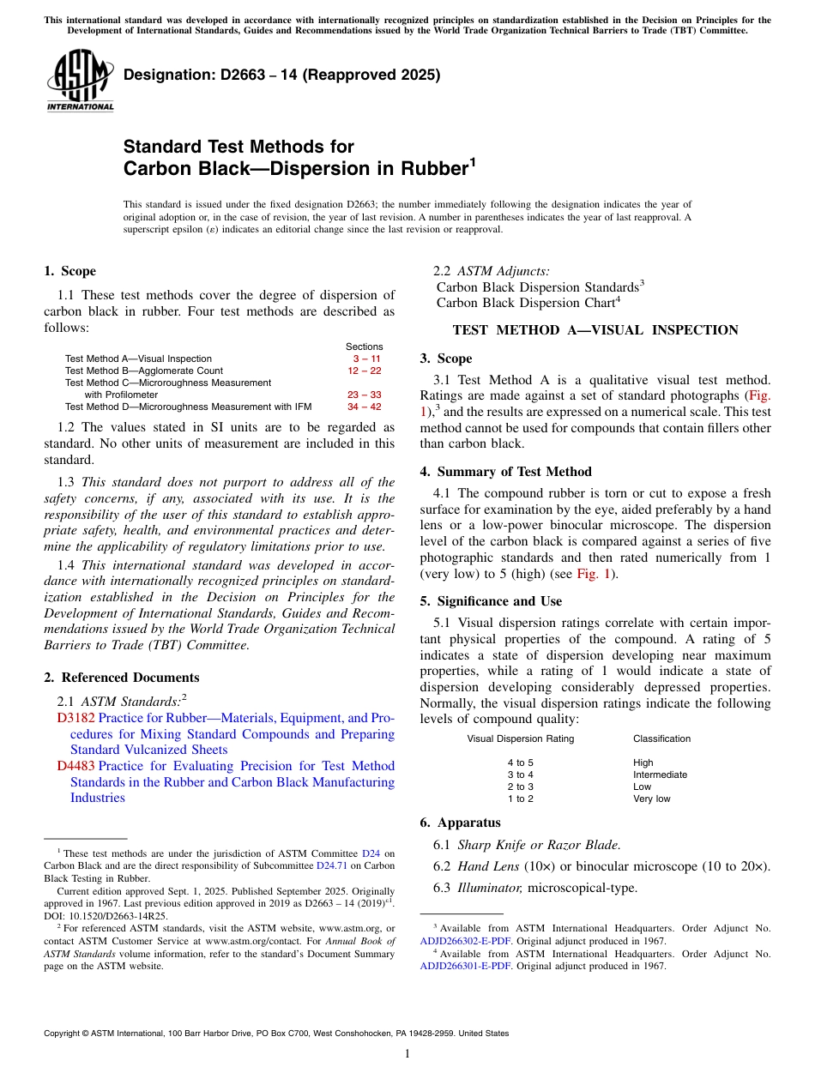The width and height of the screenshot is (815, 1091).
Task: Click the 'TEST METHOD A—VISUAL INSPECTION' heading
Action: coord(595,330)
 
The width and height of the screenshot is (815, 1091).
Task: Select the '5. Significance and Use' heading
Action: coord(491,601)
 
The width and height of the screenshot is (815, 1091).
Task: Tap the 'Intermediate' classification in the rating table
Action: coord(660,775)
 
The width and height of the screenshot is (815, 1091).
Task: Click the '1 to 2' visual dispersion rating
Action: coord(520,799)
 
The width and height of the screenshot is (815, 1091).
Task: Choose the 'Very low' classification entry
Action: coord(651,799)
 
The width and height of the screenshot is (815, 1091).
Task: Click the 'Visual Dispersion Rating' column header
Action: coord(520,738)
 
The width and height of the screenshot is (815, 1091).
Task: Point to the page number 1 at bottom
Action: coord(407,1054)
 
